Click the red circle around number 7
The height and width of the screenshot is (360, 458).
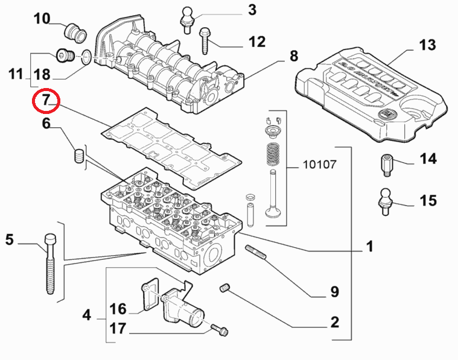pyautogui.click(x=46, y=101)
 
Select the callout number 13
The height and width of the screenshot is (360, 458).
pyautogui.click(x=427, y=45)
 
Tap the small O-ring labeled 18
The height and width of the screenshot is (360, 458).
pyautogui.click(x=86, y=57)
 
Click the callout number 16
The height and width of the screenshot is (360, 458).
pyautogui.click(x=118, y=309)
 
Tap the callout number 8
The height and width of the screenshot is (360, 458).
pyautogui.click(x=294, y=56)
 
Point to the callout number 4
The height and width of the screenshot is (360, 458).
pyautogui.click(x=86, y=315)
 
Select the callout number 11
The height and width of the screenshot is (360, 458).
pyautogui.click(x=16, y=75)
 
